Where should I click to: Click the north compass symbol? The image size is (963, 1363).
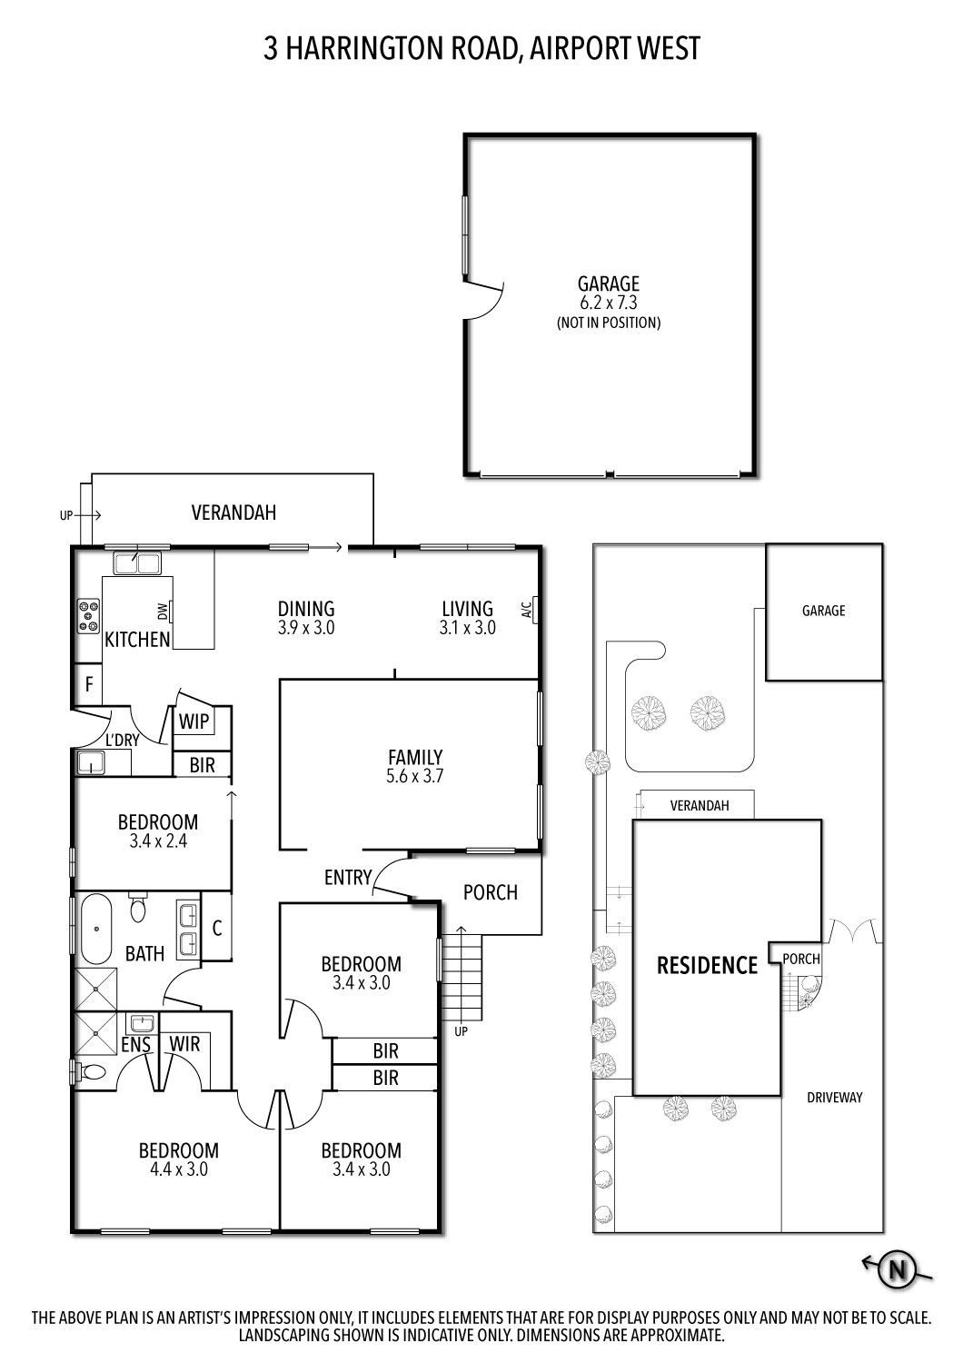(898, 1269)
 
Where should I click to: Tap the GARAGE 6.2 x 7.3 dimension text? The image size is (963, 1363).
(609, 303)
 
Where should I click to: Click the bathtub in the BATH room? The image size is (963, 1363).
(95, 930)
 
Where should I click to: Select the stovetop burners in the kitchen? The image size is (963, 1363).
(88, 615)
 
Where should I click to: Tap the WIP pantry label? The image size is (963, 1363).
(194, 722)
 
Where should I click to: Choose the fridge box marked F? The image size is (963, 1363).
(89, 684)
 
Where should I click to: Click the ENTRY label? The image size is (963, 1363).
(347, 878)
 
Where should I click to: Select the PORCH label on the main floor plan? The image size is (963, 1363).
(490, 892)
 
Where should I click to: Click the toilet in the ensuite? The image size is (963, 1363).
(88, 1072)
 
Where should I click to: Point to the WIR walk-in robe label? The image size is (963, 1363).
(185, 1043)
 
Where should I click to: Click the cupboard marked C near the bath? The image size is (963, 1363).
(217, 929)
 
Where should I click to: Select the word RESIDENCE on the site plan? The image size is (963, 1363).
(706, 965)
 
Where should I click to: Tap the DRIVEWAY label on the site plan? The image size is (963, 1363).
(834, 1098)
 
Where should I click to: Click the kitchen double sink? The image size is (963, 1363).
(136, 563)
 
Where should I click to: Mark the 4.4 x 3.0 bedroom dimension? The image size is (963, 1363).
(178, 1169)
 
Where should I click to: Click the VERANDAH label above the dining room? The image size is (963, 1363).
(233, 512)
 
